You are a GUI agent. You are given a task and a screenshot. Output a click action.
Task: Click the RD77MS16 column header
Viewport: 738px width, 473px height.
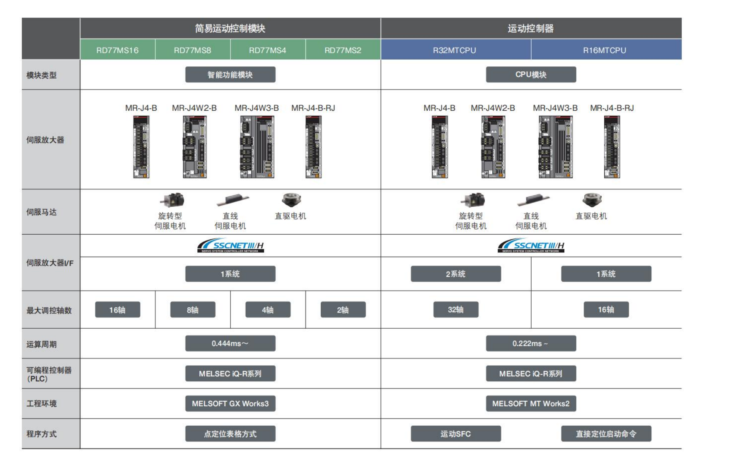117,50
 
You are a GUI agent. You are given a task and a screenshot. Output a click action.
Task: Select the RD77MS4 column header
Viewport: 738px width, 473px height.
267,50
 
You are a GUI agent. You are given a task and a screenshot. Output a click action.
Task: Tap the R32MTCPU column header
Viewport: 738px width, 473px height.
455,50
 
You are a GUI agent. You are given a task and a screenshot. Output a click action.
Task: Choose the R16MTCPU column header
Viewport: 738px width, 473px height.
605,50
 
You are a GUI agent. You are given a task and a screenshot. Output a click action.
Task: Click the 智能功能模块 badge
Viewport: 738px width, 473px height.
230,75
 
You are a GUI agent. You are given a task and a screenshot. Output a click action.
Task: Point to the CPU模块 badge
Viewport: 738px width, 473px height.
531,75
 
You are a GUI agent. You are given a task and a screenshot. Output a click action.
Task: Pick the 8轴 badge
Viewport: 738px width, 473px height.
193,310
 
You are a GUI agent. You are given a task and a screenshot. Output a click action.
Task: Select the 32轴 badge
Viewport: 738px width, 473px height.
456,310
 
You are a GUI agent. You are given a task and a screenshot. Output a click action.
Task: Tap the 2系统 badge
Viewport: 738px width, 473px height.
456,274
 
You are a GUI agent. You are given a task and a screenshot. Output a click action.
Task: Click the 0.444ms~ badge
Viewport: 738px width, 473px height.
230,343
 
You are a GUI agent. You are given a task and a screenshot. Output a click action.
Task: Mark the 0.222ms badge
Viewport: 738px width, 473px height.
531,343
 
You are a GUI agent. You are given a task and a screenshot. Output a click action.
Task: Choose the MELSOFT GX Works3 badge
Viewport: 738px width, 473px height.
230,403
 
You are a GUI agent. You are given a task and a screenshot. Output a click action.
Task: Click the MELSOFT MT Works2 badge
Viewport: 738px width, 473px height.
531,403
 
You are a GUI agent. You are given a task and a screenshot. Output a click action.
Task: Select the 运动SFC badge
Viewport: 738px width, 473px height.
456,434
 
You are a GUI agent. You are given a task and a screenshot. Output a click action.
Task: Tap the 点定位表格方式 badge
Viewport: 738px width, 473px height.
230,434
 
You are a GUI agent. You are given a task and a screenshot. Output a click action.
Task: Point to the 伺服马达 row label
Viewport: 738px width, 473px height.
41,212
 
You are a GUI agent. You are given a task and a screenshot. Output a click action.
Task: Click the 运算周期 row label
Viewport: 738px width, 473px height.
41,344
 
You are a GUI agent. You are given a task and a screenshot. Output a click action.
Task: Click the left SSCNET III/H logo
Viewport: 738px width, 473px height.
230,245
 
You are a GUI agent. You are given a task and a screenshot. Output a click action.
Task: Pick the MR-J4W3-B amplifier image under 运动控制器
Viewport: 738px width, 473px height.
555,147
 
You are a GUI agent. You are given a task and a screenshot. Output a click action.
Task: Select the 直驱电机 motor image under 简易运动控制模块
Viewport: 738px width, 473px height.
291,200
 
